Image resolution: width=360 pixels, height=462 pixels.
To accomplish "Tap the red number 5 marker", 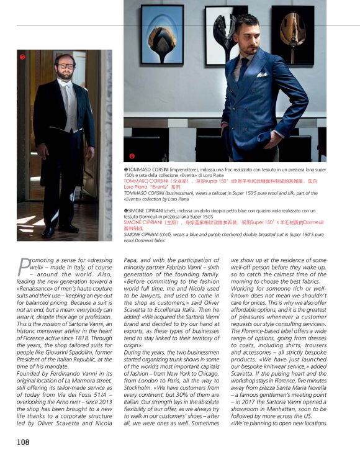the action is coord(22,57).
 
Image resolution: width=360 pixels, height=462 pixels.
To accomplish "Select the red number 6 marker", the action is coord(132,155).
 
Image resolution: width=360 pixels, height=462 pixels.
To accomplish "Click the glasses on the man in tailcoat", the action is coord(65,65).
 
